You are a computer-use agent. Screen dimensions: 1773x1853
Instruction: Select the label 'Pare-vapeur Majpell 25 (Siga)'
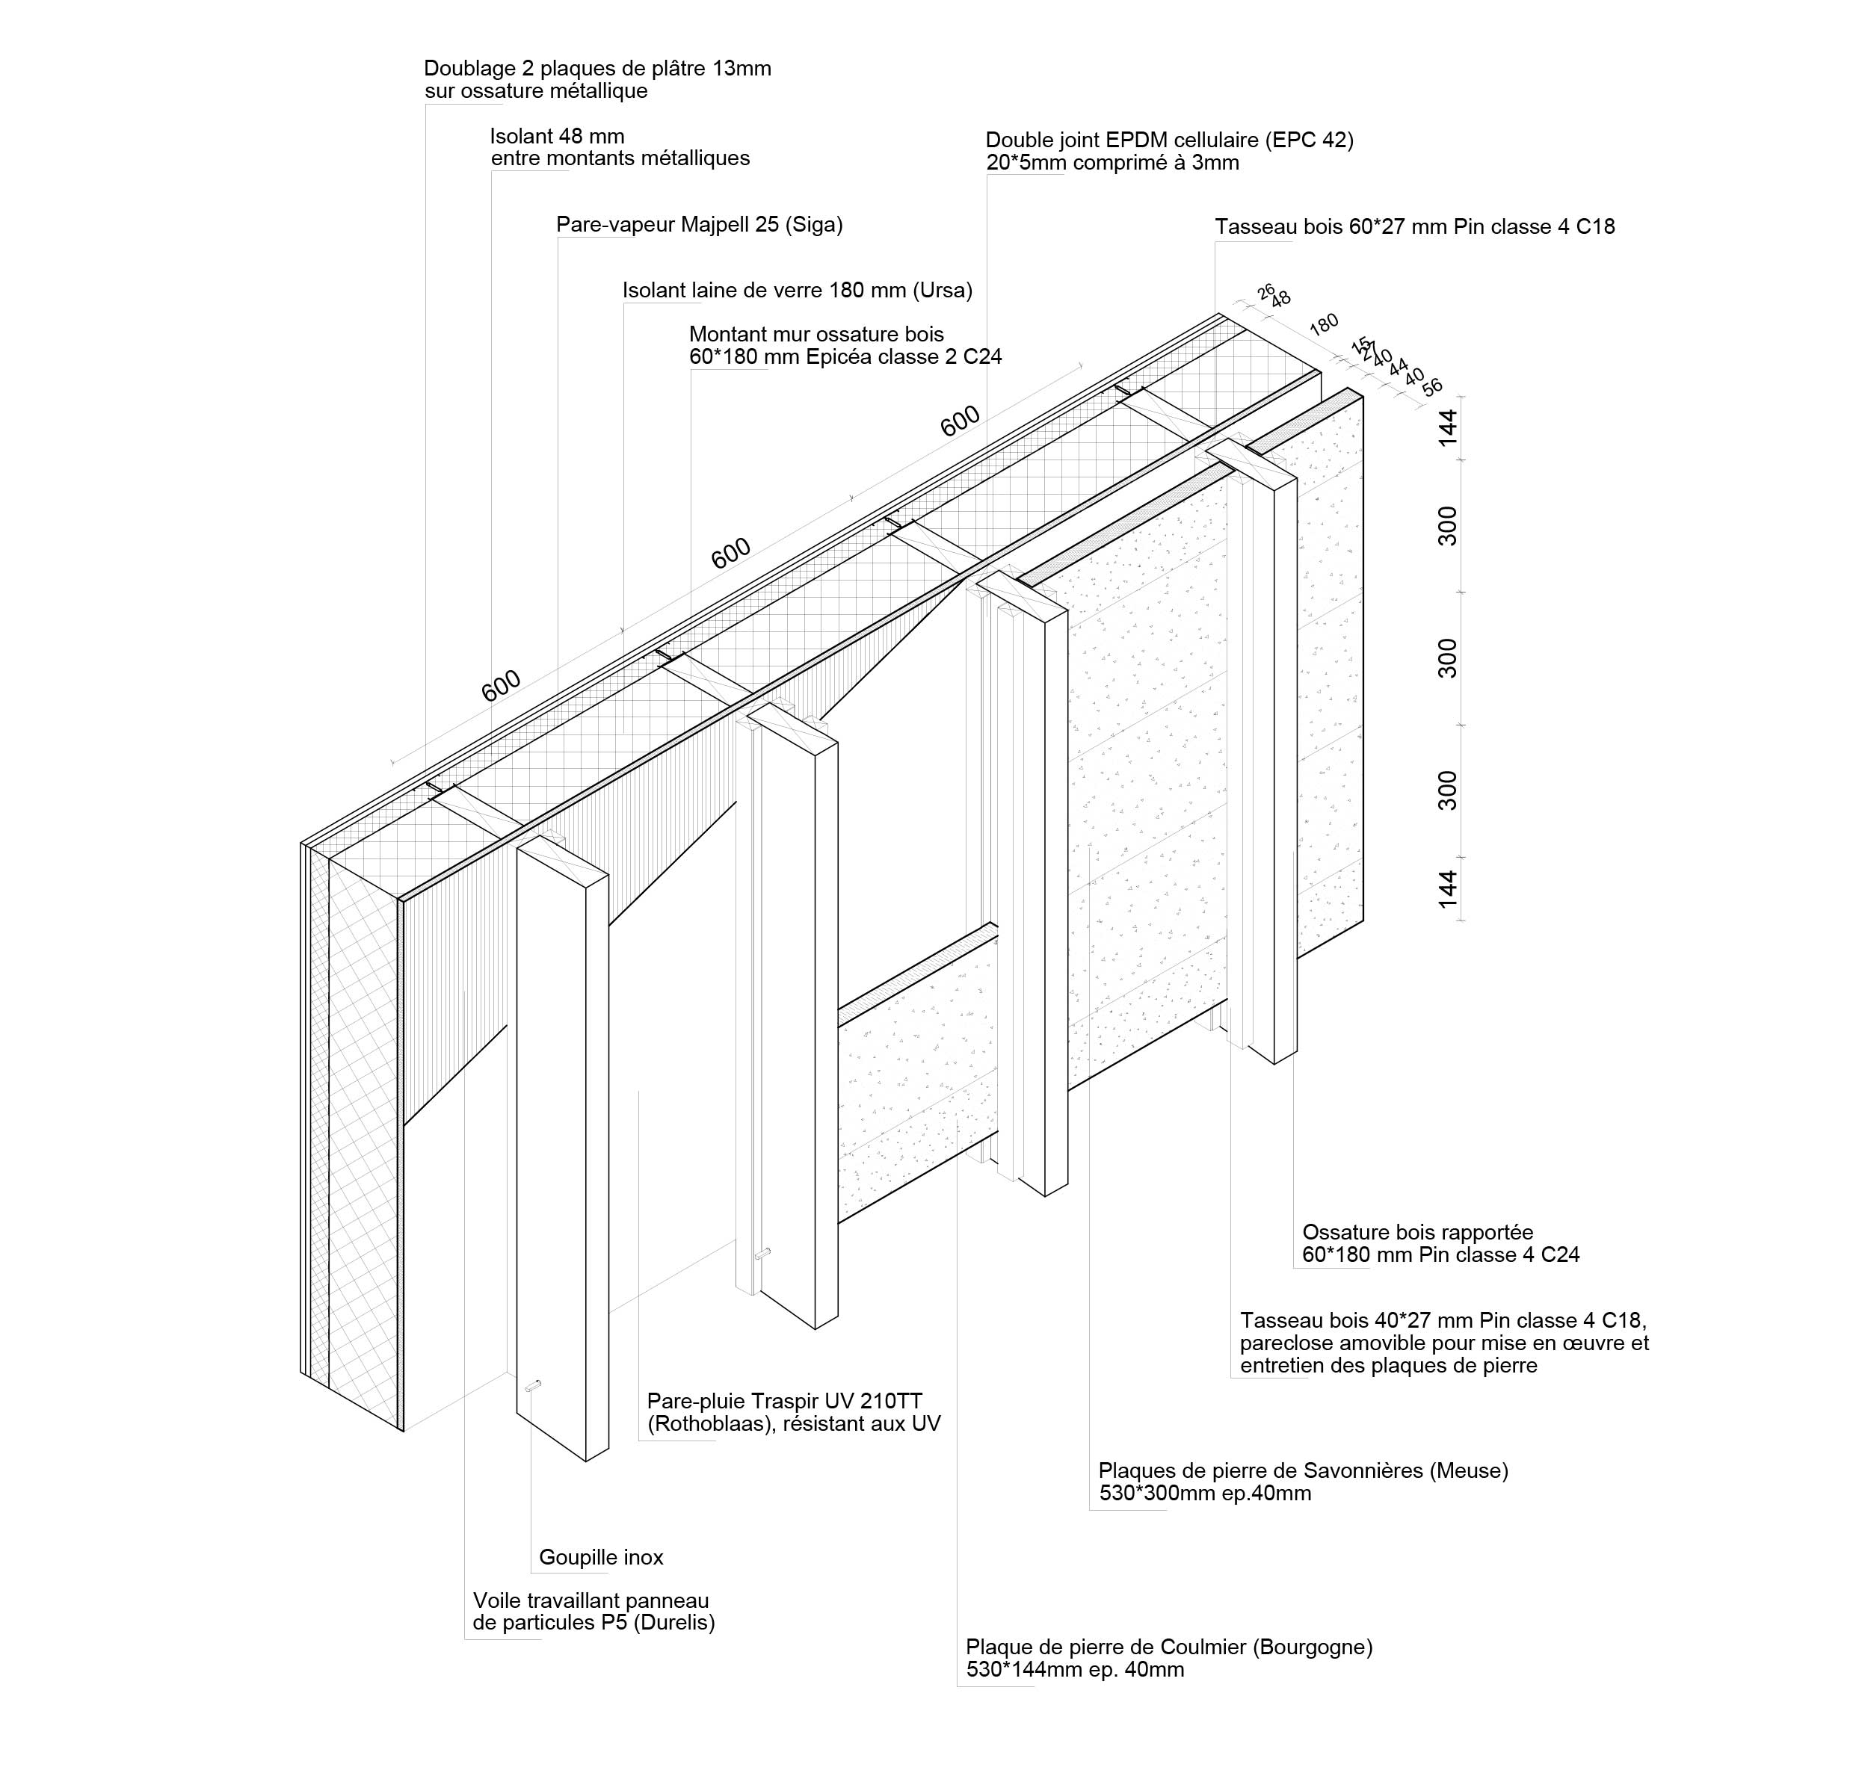click(x=699, y=225)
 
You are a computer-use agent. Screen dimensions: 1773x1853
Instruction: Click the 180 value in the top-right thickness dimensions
click(x=1324, y=324)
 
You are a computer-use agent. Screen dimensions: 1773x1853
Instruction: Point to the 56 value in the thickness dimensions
click(x=1432, y=386)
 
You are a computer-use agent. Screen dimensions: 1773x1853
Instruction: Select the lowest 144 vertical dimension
click(x=1447, y=889)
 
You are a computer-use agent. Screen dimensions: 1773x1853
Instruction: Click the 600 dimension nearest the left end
click(x=501, y=685)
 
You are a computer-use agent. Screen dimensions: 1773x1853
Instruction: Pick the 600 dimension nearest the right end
click(x=960, y=421)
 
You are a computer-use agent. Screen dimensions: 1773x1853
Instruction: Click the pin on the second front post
click(x=762, y=1254)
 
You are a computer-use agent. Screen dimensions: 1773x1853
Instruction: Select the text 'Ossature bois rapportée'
click(x=1417, y=1232)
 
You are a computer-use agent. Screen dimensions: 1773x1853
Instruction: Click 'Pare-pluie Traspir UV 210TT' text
click(x=784, y=1401)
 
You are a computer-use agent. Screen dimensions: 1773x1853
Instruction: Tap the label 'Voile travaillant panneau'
click(x=590, y=1601)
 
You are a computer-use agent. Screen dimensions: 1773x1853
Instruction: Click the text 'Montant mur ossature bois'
click(x=816, y=335)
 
